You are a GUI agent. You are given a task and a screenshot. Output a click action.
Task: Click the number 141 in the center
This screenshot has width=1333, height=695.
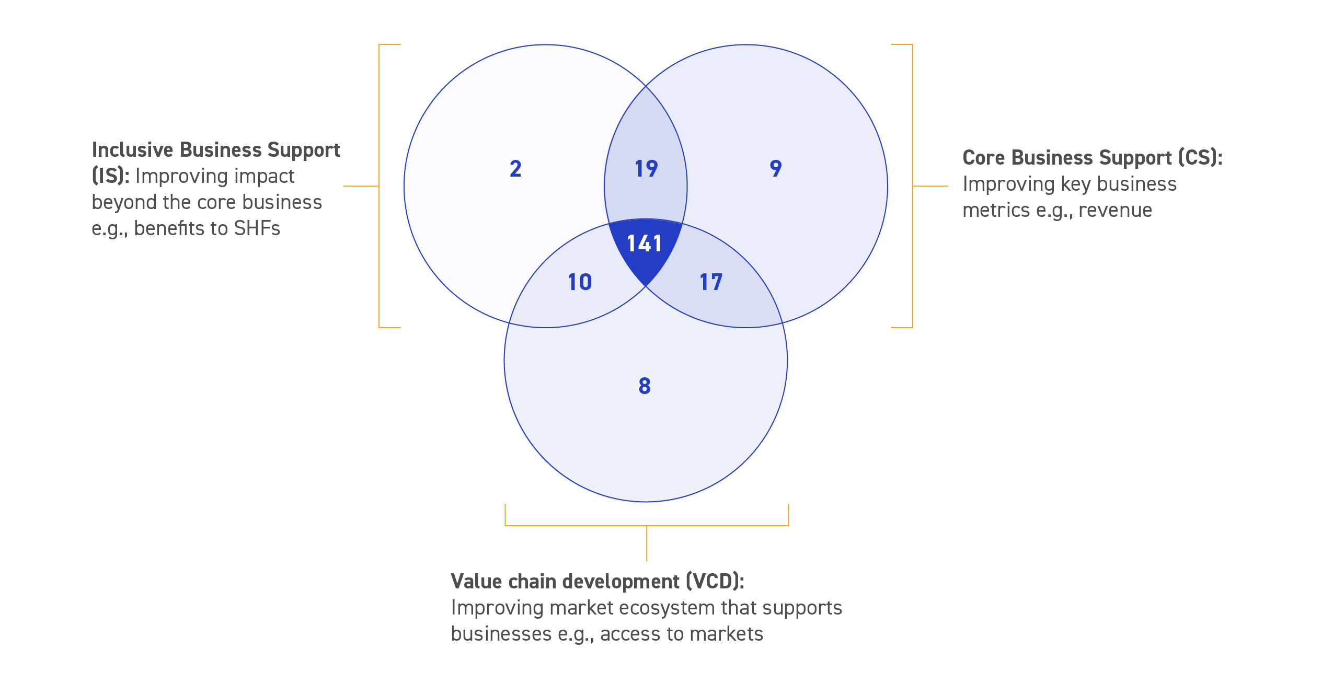click(x=645, y=244)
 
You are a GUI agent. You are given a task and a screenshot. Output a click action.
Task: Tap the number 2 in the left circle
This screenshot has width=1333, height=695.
click(x=515, y=169)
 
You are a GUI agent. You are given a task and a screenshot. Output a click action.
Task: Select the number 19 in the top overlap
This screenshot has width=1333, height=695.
click(x=646, y=169)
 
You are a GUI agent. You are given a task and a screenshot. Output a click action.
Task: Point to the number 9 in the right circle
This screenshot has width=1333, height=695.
click(x=776, y=169)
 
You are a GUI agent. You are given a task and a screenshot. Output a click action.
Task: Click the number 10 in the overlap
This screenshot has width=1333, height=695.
click(x=580, y=282)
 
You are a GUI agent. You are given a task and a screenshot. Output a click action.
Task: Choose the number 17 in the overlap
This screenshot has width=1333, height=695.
click(x=711, y=282)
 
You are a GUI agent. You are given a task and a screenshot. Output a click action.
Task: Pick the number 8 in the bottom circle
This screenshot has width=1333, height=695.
click(x=645, y=386)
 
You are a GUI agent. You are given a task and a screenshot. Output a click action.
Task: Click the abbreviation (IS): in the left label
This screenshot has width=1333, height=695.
click(x=110, y=176)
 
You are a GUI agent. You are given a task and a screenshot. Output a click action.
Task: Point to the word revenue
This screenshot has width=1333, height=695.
click(x=1115, y=210)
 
